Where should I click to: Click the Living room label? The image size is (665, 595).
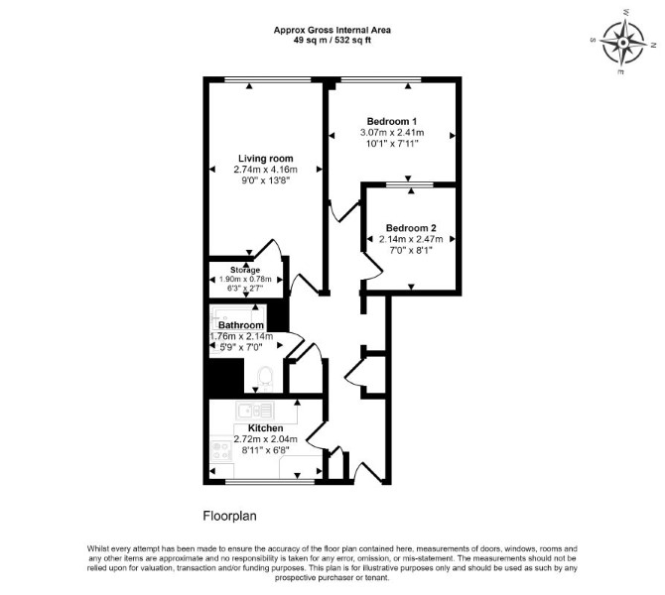click(x=265, y=159)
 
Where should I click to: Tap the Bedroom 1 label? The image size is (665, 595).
click(x=392, y=121)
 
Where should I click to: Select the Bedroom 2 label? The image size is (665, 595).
click(x=411, y=228)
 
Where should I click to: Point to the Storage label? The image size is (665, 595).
click(x=245, y=270)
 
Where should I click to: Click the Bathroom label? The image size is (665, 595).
click(x=241, y=325)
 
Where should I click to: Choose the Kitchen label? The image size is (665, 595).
click(x=265, y=428)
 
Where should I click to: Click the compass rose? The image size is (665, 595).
click(x=623, y=43)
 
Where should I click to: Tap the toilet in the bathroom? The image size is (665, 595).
click(x=265, y=379)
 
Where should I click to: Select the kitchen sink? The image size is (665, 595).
click(x=255, y=411)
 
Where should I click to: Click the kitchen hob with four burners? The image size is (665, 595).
click(x=221, y=450)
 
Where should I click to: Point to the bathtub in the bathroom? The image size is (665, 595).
click(x=238, y=315)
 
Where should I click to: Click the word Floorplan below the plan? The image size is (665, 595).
click(x=230, y=517)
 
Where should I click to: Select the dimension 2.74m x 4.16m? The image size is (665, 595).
click(x=265, y=170)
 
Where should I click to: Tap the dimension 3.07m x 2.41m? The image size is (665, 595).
click(x=392, y=133)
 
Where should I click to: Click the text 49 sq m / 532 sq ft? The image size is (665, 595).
click(x=332, y=41)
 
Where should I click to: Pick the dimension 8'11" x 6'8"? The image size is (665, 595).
click(x=265, y=450)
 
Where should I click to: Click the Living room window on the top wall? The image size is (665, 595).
click(x=268, y=79)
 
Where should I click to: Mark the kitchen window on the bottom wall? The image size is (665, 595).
click(x=270, y=481)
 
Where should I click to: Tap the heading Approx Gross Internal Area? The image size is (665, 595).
click(x=332, y=31)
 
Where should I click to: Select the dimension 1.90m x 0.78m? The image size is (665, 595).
click(x=245, y=280)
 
